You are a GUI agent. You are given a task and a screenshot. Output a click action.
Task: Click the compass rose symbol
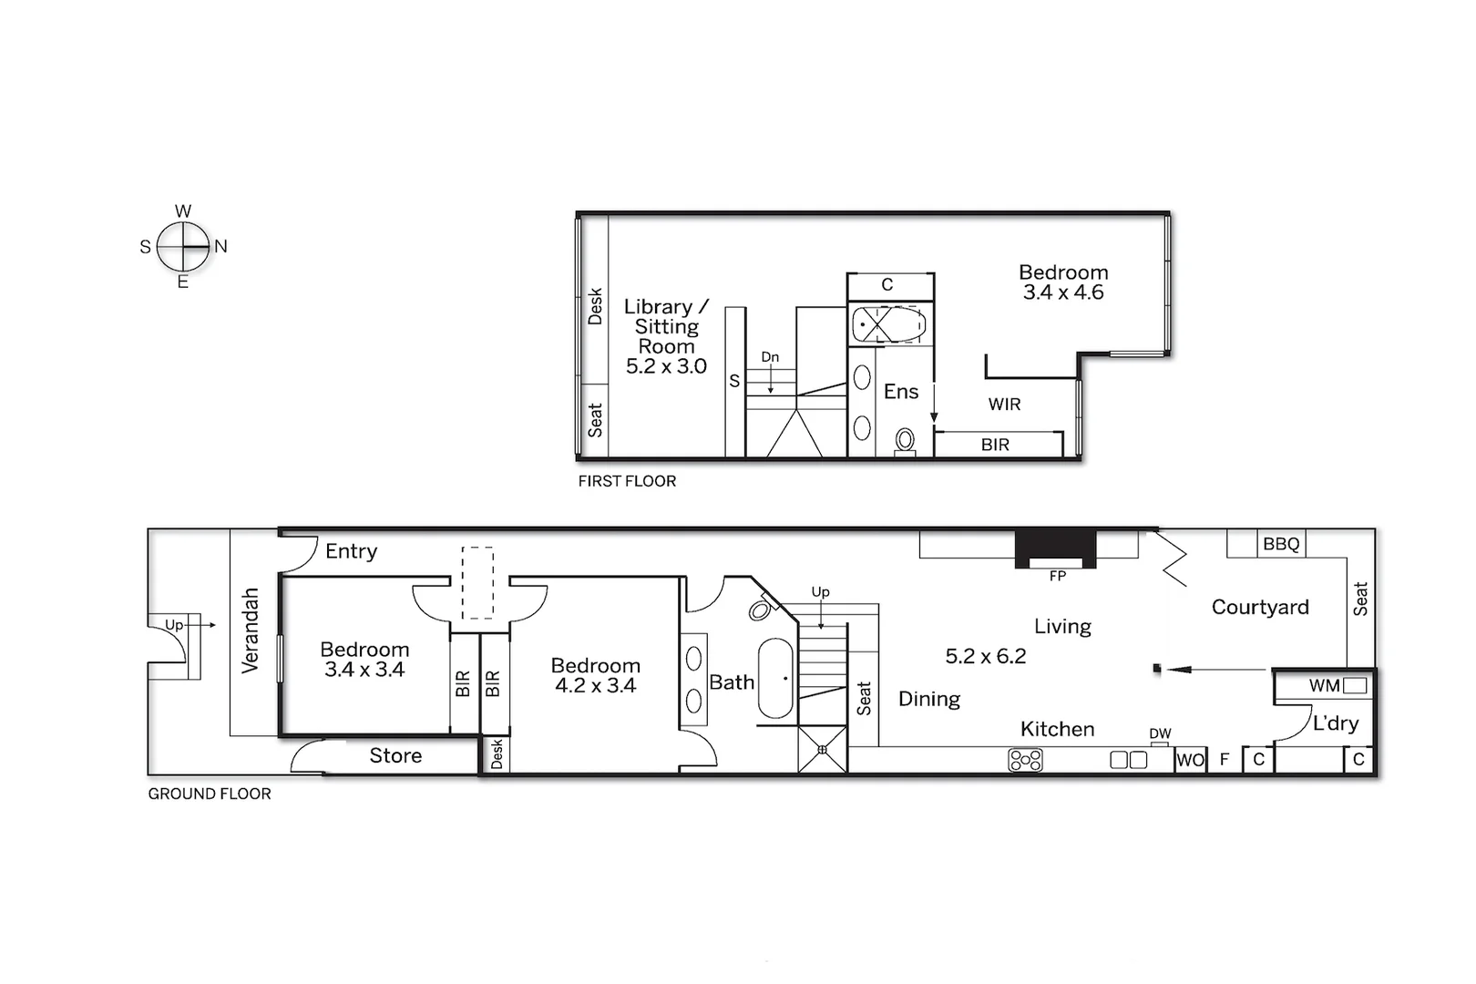point(183,246)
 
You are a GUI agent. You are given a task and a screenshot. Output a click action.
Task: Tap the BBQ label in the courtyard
point(1281,544)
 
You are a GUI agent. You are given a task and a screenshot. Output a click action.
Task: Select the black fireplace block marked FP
point(1056,548)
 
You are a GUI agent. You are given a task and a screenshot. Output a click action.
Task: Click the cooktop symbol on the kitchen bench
point(1026,760)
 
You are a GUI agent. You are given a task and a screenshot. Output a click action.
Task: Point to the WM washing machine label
point(1324,686)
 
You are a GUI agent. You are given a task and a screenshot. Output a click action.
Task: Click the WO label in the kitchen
point(1190,760)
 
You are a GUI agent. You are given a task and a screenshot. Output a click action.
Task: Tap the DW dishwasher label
point(1160,733)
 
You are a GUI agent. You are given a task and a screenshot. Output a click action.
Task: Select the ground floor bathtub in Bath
point(776,678)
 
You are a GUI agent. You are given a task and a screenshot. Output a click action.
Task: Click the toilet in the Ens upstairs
point(905,441)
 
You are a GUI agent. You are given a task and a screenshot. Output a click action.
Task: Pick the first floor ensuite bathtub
point(888,324)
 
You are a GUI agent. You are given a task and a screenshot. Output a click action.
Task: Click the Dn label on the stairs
point(770,357)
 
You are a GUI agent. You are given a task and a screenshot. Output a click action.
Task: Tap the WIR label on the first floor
point(1004,405)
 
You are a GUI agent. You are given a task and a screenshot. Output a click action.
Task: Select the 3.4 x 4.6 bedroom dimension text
point(1063,292)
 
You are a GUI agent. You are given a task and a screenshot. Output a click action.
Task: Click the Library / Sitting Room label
point(666,326)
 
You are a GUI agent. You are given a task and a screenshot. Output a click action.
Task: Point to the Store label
point(395,755)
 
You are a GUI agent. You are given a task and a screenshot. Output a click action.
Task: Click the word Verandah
point(250,630)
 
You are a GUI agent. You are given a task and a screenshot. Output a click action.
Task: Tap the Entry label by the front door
point(351,551)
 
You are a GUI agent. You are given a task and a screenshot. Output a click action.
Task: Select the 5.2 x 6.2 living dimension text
point(985,656)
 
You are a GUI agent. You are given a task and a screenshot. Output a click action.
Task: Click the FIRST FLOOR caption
point(627,481)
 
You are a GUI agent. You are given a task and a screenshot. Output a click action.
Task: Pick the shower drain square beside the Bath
point(823,750)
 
